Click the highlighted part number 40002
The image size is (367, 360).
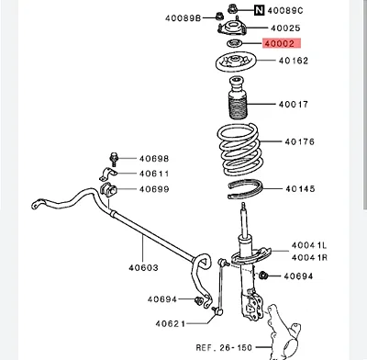[280, 44]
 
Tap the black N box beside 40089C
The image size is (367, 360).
[259, 10]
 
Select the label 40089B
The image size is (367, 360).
[183, 18]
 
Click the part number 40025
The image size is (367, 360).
[285, 28]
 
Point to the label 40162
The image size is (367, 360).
[294, 61]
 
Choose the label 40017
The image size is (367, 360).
[294, 105]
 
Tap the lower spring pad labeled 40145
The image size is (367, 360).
[246, 189]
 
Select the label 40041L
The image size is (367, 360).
[309, 245]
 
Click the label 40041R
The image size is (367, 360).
[309, 257]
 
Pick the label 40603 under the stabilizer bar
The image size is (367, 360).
[143, 268]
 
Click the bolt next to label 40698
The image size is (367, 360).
[114, 160]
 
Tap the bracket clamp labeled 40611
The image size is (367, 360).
[107, 174]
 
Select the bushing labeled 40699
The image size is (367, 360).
[108, 189]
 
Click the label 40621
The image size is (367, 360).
[171, 323]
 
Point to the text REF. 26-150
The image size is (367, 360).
[224, 347]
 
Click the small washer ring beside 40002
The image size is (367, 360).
[235, 44]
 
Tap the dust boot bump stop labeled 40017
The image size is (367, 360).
[238, 97]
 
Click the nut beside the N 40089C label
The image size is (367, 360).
[233, 8]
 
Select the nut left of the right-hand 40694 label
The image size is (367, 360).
[262, 276]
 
